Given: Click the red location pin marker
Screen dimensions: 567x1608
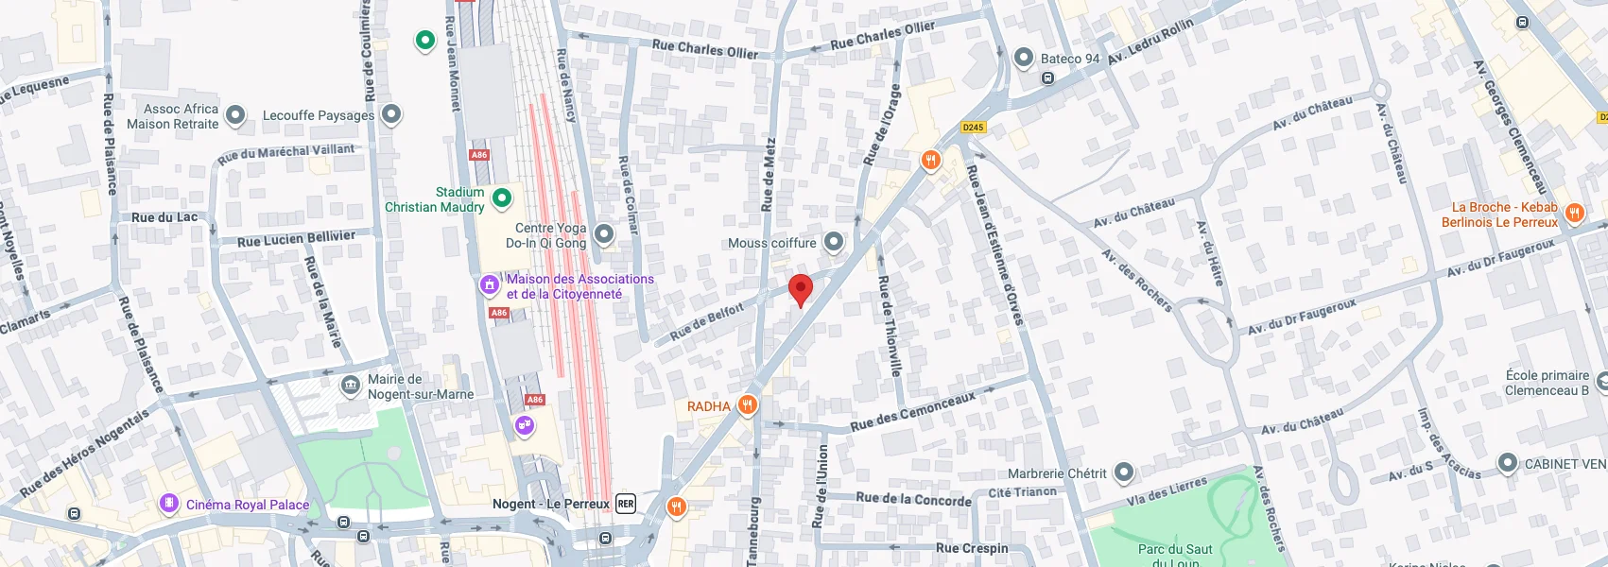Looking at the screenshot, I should coord(801,289).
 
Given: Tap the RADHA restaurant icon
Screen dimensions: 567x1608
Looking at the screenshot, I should coord(748,405).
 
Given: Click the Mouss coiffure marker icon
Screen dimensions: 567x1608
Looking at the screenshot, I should coord(834,242).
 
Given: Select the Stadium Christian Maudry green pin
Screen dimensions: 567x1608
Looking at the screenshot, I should coord(503,198).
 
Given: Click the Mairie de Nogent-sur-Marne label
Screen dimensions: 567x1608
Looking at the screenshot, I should coord(420,387).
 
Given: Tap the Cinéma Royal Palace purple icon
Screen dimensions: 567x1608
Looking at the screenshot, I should coord(169,504).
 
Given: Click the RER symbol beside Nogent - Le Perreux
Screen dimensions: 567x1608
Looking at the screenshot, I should coord(626,504).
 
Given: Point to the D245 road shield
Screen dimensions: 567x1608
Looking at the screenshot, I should coord(973,127).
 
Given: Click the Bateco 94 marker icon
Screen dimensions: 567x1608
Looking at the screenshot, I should coord(1024,58).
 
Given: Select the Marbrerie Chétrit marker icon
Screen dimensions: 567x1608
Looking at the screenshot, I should coord(1124,472).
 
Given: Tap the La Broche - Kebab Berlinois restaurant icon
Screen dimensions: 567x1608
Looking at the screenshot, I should coord(1574,213).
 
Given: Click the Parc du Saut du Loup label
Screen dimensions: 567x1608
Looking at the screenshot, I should coord(1175,556).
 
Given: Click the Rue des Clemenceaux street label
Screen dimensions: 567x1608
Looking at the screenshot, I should coord(912,412).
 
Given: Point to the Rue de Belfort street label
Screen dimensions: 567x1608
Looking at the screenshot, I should coord(707,322).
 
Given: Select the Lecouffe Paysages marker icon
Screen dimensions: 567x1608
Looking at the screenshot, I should coord(391,114).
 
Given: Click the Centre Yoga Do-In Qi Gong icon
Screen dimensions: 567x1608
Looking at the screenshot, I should coord(604,233).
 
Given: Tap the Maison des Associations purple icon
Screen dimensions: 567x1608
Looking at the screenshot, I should coord(490,283).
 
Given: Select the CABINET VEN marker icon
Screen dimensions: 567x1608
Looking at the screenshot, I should coord(1508,463).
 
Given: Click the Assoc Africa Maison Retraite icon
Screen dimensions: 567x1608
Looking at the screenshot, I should coord(235,115).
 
